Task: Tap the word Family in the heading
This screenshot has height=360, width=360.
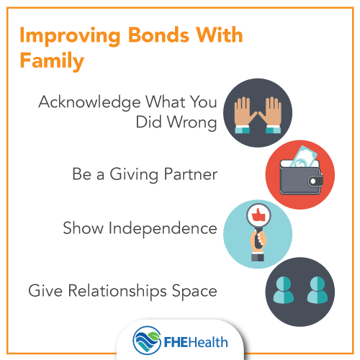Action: coord(51,62)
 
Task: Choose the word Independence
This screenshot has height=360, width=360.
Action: coord(170,229)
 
